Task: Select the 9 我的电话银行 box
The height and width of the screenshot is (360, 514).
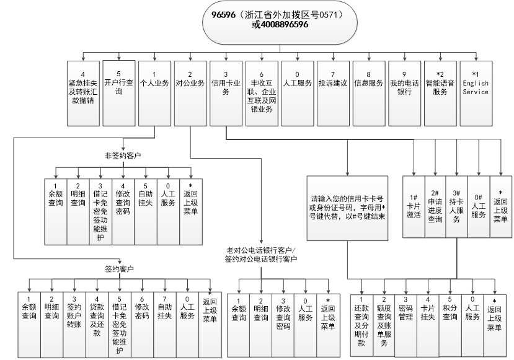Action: click(405, 87)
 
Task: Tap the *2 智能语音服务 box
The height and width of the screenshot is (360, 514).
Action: click(440, 87)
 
